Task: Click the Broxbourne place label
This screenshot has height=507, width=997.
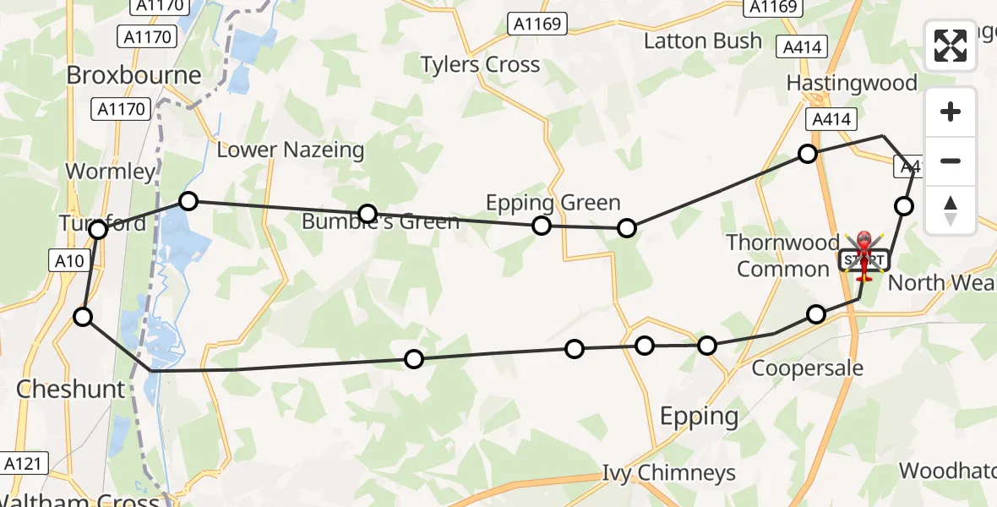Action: pyautogui.click(x=133, y=75)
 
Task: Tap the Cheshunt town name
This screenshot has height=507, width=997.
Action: pyautogui.click(x=71, y=390)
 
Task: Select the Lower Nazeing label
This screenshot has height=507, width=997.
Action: pyautogui.click(x=291, y=150)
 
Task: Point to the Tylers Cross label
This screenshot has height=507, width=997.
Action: pyautogui.click(x=480, y=65)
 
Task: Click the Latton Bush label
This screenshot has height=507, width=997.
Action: pyautogui.click(x=702, y=41)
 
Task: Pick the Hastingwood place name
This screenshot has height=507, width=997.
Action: pyautogui.click(x=851, y=83)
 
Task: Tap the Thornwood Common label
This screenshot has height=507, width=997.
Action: pyautogui.click(x=782, y=256)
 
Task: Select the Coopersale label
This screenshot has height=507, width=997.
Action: pyautogui.click(x=807, y=368)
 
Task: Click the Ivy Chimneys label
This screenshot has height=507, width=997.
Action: pyautogui.click(x=668, y=473)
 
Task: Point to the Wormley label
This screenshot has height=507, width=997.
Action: pyautogui.click(x=111, y=172)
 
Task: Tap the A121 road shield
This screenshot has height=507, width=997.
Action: pyautogui.click(x=25, y=463)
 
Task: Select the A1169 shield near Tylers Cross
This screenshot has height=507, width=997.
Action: pyautogui.click(x=537, y=24)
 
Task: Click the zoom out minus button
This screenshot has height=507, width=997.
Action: pyautogui.click(x=951, y=161)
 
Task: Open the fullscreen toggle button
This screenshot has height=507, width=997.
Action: pyautogui.click(x=951, y=46)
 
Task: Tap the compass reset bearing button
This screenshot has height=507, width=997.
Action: pyautogui.click(x=951, y=210)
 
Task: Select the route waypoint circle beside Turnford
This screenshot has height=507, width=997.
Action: pyautogui.click(x=98, y=230)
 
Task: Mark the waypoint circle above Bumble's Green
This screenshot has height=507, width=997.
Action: pyautogui.click(x=367, y=213)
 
